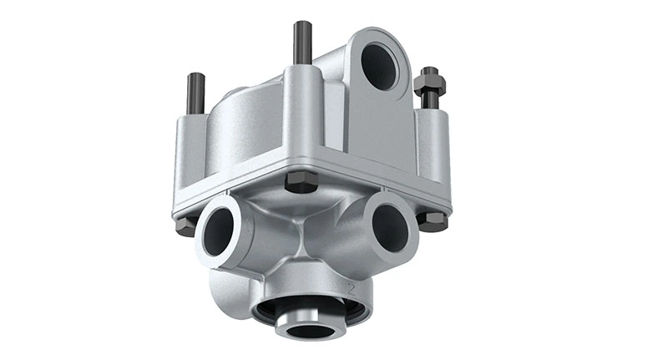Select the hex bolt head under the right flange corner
point(432,221)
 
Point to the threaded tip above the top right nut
point(430,70)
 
